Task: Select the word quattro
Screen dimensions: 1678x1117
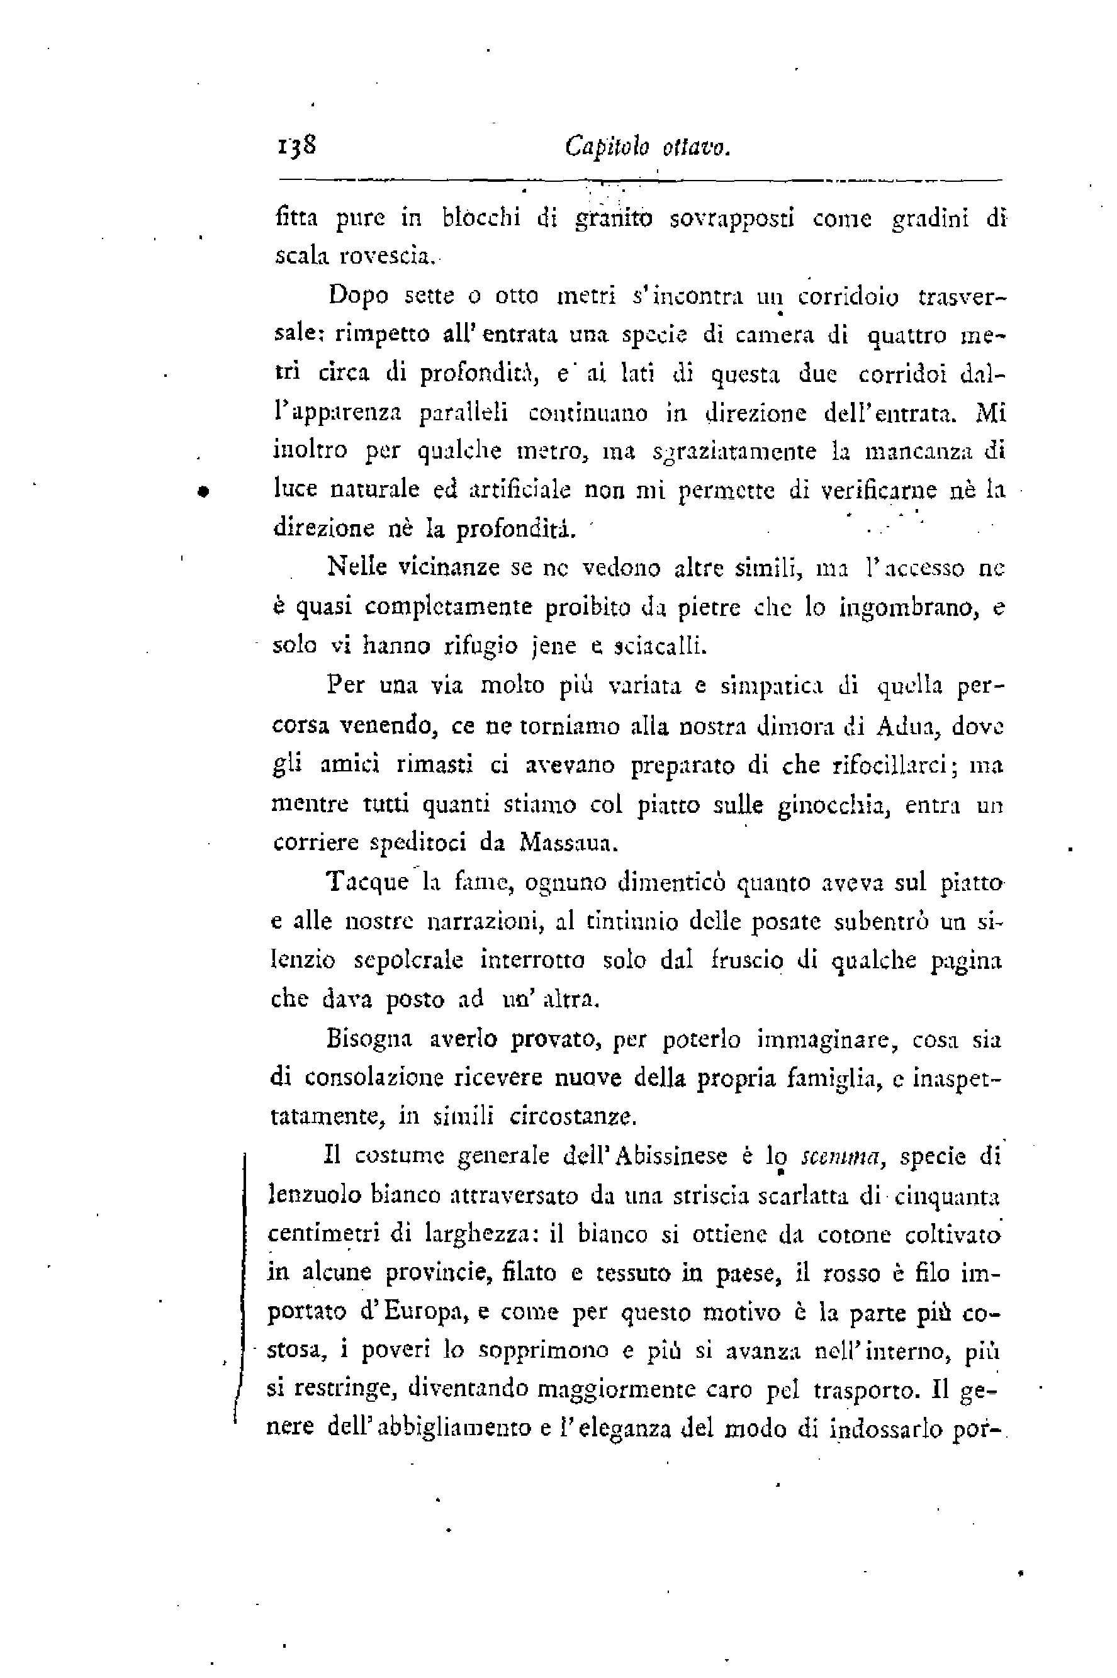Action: click(906, 335)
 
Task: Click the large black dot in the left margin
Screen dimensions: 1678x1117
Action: click(203, 490)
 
